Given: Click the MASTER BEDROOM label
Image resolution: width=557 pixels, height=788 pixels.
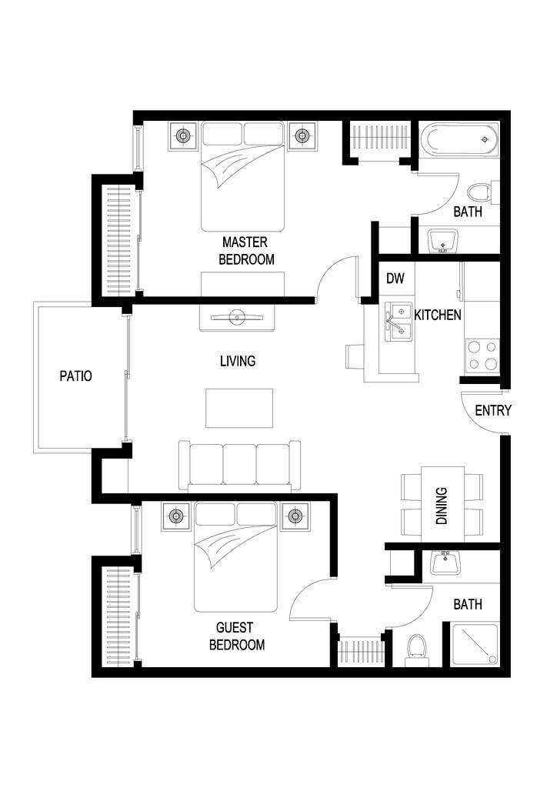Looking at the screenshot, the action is tap(246, 251).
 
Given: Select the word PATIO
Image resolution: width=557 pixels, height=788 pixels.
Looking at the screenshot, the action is tap(76, 376).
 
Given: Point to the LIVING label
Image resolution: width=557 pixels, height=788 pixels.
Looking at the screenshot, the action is tap(237, 360).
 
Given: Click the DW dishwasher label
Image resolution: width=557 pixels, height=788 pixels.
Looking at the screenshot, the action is tap(395, 279).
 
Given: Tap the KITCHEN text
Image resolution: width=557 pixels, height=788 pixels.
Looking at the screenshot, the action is tap(438, 315).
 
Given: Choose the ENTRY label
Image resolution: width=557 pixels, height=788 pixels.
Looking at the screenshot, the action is tap(492, 410).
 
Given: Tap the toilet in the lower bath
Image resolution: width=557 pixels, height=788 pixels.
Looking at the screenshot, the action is tap(416, 647).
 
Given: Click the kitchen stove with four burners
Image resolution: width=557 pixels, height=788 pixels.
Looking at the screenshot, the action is tap(482, 356).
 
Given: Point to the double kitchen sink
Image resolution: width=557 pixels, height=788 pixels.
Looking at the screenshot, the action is tap(399, 321).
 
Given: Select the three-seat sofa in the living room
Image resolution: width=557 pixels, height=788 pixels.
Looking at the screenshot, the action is tap(239, 464).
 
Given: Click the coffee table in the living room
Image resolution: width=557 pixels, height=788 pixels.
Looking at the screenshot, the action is tap(239, 408).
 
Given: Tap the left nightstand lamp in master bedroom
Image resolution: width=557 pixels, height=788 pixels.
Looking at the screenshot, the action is tap(183, 136).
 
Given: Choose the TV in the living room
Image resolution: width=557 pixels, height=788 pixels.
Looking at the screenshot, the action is tap(238, 315).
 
